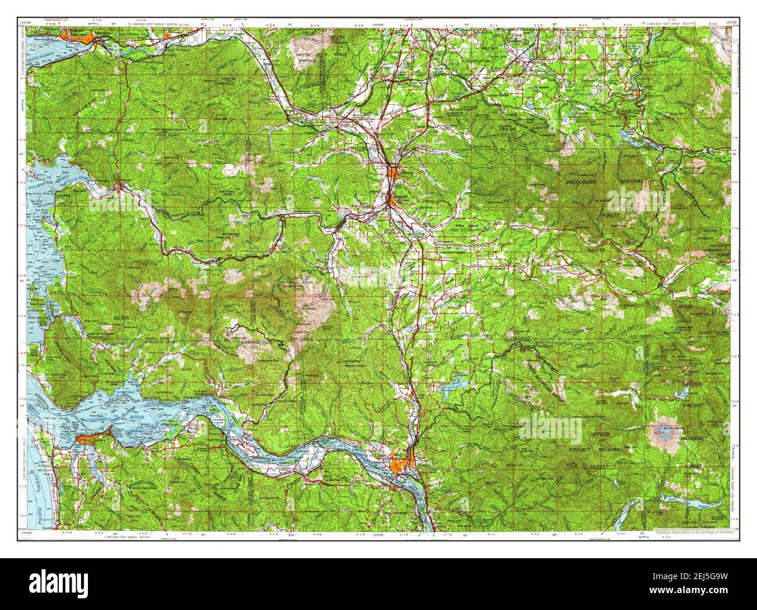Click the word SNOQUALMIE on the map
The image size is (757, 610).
click(584, 182)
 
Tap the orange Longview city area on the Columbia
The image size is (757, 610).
click(402, 464)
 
